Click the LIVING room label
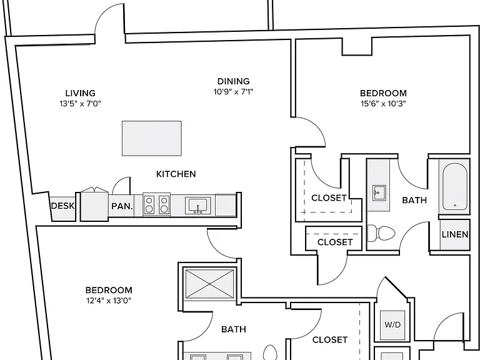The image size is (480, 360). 80,93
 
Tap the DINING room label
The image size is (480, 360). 233,81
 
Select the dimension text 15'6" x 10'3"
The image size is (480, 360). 383,104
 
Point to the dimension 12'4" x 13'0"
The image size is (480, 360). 109,301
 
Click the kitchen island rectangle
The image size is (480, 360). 151,138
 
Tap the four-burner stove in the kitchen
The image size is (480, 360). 156,204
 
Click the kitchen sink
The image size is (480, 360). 197,206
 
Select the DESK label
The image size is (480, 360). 62,206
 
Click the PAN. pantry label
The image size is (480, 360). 122,206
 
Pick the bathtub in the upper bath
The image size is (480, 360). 455,186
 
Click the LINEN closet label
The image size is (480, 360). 455,234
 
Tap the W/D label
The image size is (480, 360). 392,324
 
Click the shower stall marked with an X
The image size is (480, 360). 210,284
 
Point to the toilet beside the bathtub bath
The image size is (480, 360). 381,233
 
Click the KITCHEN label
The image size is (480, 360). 176,174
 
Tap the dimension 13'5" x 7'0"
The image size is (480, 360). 80,104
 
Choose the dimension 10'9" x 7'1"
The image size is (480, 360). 233,91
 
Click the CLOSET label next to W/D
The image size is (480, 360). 330,340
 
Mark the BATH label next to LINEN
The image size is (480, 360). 414,200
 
